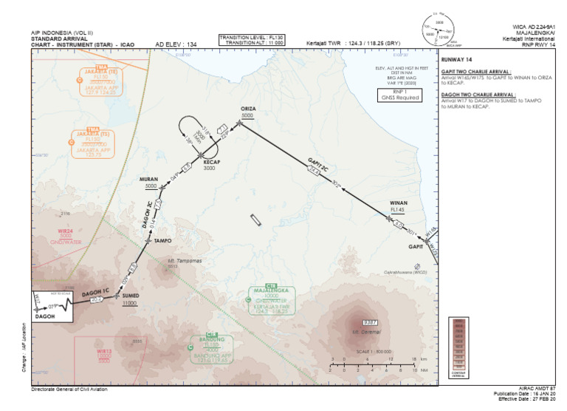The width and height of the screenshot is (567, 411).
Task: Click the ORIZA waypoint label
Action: coord(247,109)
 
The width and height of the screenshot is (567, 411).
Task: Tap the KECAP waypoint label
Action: coord(209,161)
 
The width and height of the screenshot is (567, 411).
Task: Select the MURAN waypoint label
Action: coord(149,180)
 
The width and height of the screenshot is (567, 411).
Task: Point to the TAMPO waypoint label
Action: coord(162,241)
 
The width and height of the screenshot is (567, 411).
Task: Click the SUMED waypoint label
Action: coord(130,296)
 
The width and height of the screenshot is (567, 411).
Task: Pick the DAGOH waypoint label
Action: coord(46,316)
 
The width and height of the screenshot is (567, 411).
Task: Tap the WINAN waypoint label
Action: coord(399,203)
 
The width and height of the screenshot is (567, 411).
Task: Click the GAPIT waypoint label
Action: coord(416,246)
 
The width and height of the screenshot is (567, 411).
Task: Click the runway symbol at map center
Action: coord(255,220)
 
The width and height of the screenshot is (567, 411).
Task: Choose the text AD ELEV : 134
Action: coord(176,45)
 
